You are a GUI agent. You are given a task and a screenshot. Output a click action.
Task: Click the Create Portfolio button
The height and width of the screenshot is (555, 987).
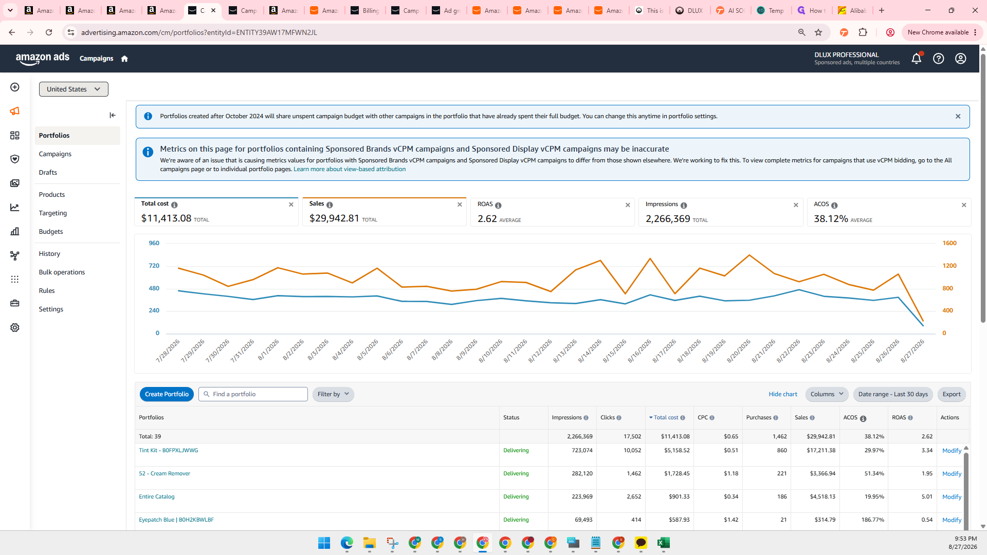pos(167,394)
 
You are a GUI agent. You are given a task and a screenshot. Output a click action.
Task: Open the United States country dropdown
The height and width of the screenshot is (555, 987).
pos(74,89)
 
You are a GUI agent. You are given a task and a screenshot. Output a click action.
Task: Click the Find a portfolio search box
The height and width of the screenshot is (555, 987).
pos(253,394)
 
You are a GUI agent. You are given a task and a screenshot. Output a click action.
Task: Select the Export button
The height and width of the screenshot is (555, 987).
pos(952,394)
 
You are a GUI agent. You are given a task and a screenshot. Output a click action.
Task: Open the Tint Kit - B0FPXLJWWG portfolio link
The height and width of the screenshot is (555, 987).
pos(168,450)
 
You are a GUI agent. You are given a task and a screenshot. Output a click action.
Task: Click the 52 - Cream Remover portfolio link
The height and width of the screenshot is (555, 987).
pos(164,473)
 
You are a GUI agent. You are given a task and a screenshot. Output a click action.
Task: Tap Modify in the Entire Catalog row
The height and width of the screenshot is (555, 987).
pos(952,497)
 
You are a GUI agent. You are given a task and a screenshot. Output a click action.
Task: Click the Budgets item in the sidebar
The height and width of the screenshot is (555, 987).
pos(51,231)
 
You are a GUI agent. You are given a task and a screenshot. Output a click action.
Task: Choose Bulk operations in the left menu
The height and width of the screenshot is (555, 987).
pos(62,272)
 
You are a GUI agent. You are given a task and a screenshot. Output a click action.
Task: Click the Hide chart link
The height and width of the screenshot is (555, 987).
pos(783,394)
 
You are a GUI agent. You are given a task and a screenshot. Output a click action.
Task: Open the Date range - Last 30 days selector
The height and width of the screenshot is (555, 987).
pos(893,394)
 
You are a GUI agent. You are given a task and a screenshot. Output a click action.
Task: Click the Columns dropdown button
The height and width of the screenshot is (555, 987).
pos(827,394)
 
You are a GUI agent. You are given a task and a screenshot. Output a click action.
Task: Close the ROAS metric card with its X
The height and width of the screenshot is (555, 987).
pos(628,205)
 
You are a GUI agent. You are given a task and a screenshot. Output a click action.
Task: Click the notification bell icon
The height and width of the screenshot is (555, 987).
pos(917,59)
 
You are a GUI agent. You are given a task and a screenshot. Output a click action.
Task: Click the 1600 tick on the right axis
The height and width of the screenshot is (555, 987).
pos(949,243)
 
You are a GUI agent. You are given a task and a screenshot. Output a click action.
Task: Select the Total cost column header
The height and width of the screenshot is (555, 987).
pos(666,417)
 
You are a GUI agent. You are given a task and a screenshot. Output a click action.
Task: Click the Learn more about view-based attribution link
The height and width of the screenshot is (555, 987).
pos(350,169)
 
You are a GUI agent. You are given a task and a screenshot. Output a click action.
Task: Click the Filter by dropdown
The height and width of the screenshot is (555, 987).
pos(333,394)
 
